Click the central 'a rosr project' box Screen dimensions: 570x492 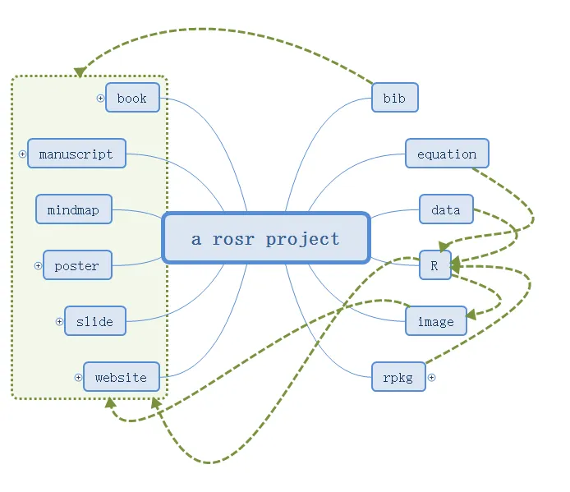tap(266, 238)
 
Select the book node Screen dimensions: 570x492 tap(133, 98)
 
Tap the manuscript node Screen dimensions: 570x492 tap(76, 153)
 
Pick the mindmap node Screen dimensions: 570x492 tap(74, 209)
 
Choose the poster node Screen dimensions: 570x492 tap(77, 265)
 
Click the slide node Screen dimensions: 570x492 tap(95, 320)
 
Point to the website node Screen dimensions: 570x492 tap(122, 377)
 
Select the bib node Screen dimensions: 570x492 tap(395, 98)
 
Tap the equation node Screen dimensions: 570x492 tap(447, 153)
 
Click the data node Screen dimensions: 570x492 tap(447, 209)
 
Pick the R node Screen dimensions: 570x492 tap(435, 265)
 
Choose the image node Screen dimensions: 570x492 tap(436, 320)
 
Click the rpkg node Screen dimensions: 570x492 tap(398, 377)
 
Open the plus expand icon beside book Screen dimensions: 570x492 tap(100, 99)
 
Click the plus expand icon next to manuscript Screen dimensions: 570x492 tap(22, 154)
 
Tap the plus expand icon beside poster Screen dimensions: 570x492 tap(38, 266)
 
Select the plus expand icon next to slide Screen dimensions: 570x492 tap(59, 321)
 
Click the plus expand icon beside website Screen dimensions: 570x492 tap(78, 378)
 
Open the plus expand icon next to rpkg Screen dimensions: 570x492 tap(431, 378)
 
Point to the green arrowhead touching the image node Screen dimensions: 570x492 tap(471, 315)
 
